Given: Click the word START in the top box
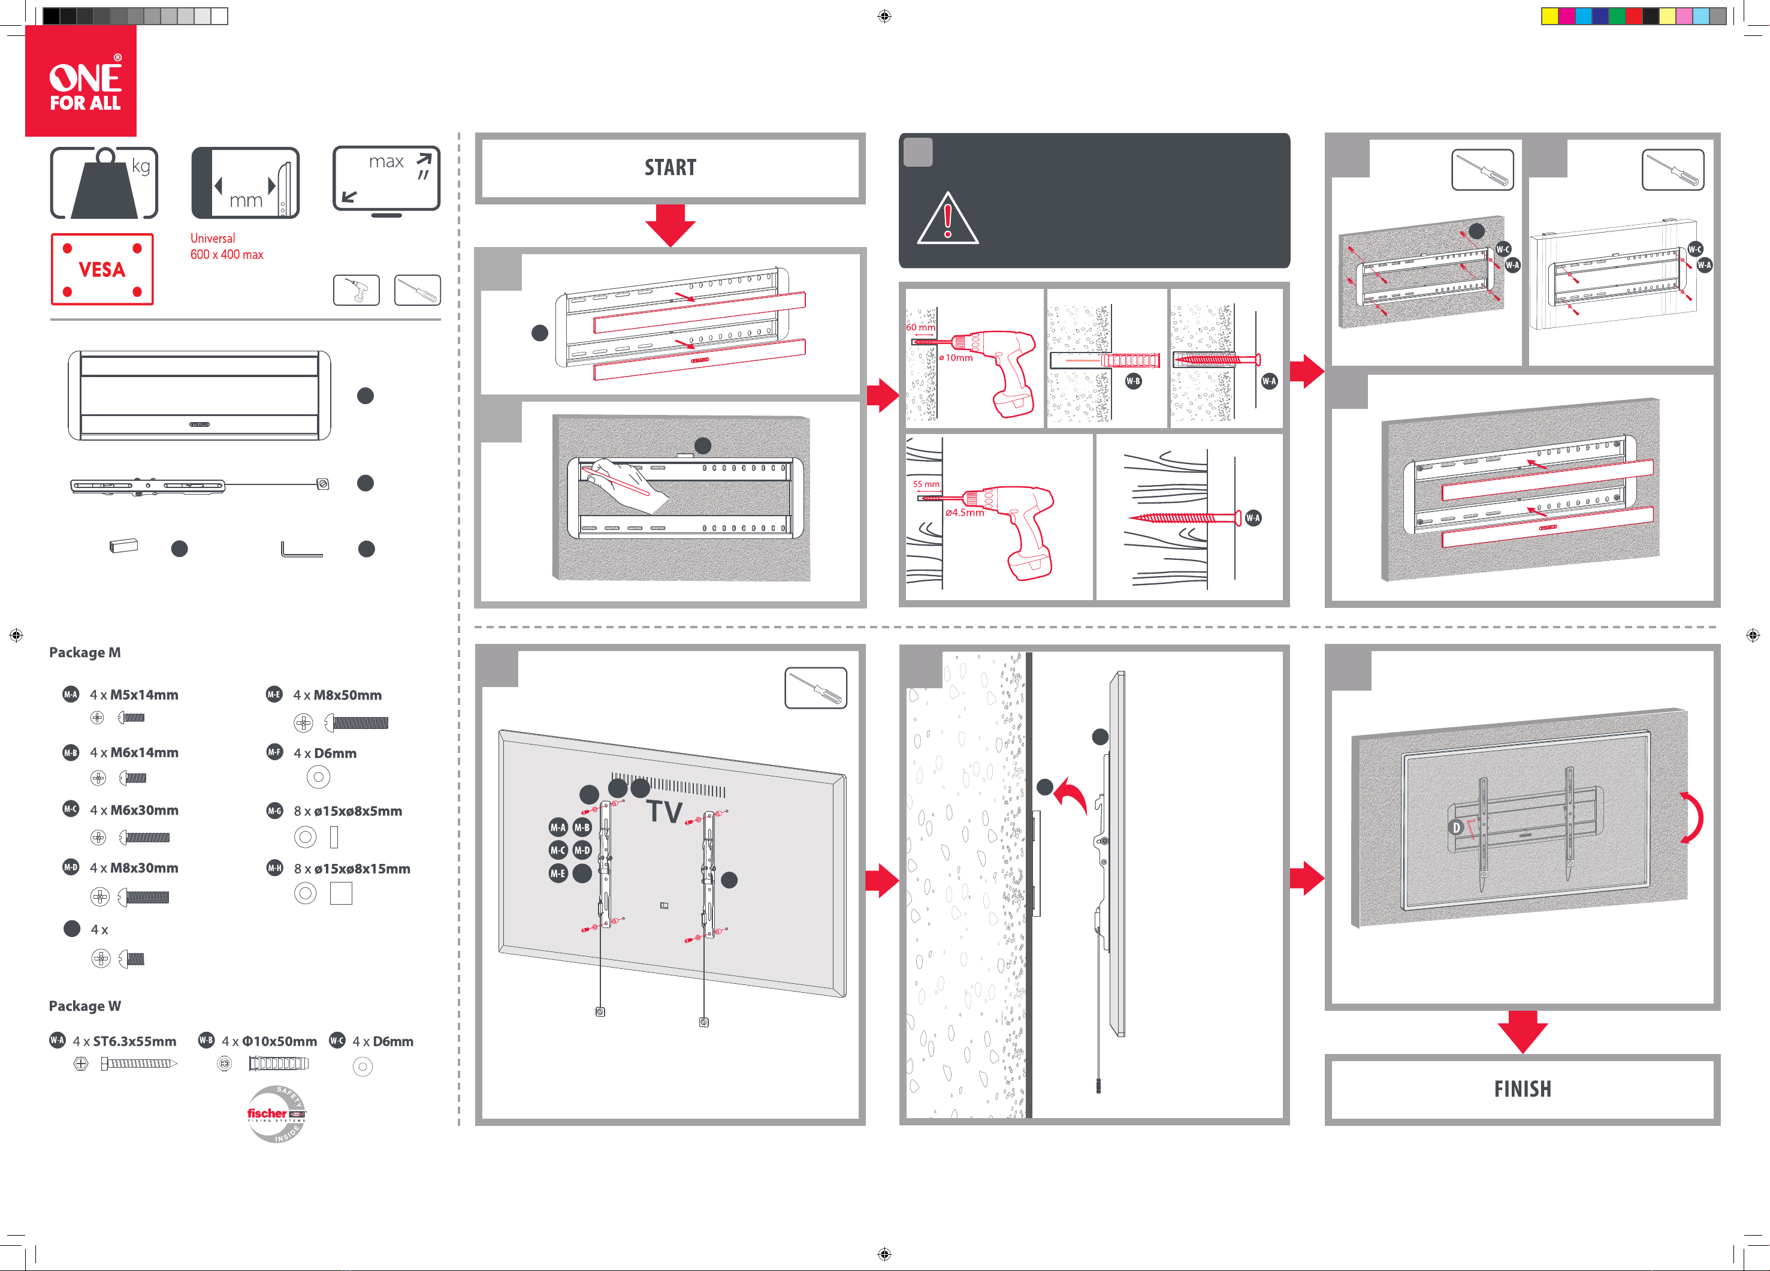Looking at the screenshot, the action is (670, 167).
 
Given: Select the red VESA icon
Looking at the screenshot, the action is (102, 269).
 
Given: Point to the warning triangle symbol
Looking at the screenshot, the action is (947, 219).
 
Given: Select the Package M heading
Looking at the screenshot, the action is (85, 652).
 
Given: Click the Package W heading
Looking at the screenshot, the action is (85, 1005).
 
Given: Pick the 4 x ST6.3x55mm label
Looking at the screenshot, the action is (124, 1041).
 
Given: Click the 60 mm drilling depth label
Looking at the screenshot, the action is (920, 327).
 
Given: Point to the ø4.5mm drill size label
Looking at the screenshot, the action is (965, 513).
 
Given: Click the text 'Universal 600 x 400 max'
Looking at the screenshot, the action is (227, 246).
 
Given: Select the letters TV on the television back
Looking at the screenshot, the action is (664, 812).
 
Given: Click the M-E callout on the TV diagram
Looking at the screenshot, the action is (558, 874).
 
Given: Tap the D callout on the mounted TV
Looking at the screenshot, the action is (1455, 827).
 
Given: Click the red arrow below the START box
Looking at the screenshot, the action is (670, 225).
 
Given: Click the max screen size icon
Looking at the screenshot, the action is (386, 181).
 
